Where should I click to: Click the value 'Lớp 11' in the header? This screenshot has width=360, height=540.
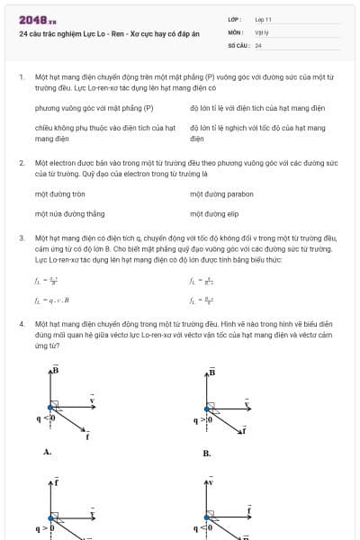click(x=264, y=19)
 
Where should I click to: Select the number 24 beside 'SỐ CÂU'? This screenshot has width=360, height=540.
click(x=258, y=44)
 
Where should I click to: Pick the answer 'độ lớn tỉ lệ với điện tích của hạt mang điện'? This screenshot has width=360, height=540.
click(x=256, y=108)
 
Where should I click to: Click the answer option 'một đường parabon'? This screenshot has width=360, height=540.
click(x=221, y=193)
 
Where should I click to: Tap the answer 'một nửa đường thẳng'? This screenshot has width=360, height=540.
click(x=69, y=214)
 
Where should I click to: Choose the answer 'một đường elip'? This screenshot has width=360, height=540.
click(x=214, y=214)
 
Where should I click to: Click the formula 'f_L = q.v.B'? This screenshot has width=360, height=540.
click(x=51, y=300)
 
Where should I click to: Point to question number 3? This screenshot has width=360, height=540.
click(x=21, y=238)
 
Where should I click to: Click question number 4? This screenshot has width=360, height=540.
click(x=21, y=322)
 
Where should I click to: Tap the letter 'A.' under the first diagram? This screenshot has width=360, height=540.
click(x=47, y=453)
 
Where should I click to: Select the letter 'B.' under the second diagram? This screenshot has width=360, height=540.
click(x=206, y=454)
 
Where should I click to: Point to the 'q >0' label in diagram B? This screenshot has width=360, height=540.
click(x=202, y=419)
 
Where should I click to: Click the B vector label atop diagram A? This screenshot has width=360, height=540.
click(x=55, y=370)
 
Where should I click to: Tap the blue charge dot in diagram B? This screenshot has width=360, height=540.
click(x=211, y=418)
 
